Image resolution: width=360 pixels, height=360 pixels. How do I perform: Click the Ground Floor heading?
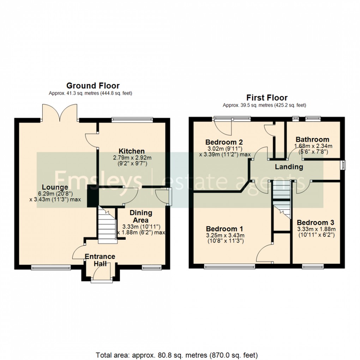coord(93,85)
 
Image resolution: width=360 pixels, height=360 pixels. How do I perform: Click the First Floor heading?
coord(267,97)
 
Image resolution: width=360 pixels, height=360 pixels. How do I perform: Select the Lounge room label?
coord(55,187)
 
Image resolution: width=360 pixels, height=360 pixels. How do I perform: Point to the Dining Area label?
coord(141,216)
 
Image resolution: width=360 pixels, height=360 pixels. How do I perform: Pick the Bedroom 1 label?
coord(225,228)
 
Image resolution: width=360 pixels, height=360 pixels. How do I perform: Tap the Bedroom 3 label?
coord(315,223)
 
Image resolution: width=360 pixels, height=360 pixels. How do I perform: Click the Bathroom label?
coord(312,139)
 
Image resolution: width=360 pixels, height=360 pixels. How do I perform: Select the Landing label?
coord(289,167)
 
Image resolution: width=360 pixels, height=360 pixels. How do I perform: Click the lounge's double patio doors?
coord(59,112)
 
